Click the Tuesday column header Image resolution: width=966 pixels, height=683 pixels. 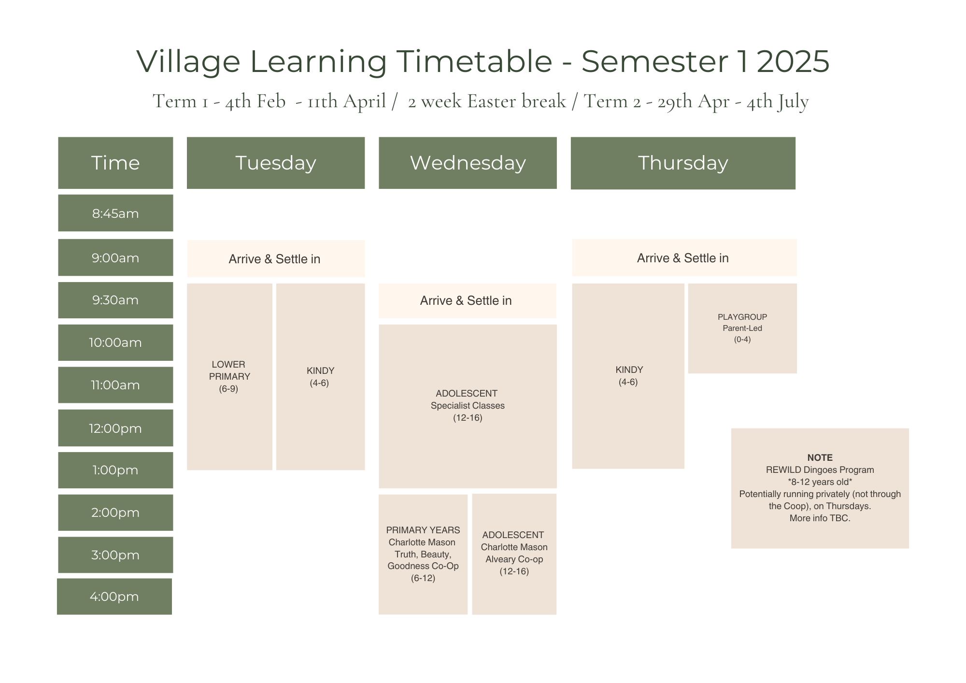tap(275, 163)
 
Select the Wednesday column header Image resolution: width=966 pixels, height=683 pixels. tap(468, 163)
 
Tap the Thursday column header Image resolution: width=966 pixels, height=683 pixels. tap(683, 163)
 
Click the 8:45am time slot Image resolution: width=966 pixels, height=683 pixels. tap(115, 213)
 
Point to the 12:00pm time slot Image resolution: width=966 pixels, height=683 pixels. tap(115, 428)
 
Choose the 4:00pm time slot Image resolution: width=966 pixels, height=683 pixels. tap(114, 597)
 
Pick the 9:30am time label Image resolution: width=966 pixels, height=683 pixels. tap(115, 300)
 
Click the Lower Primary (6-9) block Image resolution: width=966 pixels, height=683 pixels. tap(229, 376)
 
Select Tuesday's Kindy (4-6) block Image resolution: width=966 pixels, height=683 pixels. tap(320, 376)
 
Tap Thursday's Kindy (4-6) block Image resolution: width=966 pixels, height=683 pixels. tap(628, 376)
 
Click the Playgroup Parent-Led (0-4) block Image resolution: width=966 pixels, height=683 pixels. tap(742, 328)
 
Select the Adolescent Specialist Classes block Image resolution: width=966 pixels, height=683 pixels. tap(468, 406)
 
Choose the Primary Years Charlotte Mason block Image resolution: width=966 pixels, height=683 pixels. tap(423, 554)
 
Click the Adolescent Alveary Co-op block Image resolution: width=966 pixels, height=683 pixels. tap(514, 553)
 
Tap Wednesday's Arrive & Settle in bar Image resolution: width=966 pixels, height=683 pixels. tap(467, 300)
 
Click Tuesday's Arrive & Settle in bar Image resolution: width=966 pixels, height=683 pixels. tap(275, 259)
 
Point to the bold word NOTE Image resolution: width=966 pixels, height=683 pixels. tap(820, 457)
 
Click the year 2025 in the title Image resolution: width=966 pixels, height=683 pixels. tap(793, 61)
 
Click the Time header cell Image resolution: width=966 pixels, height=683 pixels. tap(115, 163)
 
